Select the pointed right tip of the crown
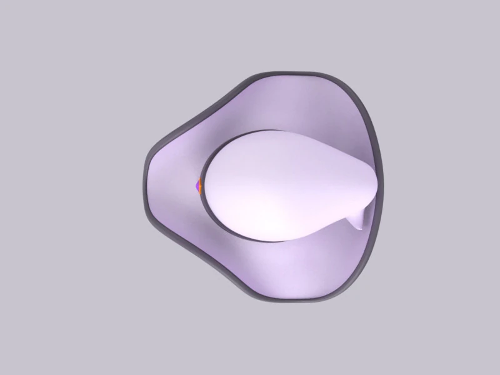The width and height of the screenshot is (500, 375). [x=373, y=181]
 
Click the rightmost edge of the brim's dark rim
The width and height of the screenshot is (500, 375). [x=381, y=181]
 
